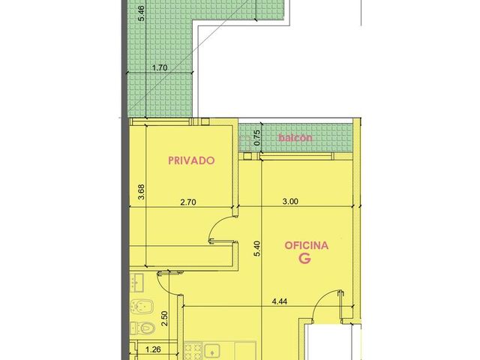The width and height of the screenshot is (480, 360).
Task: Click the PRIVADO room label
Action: (x=191, y=160)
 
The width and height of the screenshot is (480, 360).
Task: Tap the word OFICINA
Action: (x=307, y=245)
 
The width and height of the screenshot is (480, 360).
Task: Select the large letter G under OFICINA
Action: (x=305, y=259)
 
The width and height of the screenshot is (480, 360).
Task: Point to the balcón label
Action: (x=295, y=138)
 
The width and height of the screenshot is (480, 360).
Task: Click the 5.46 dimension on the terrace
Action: (x=142, y=13)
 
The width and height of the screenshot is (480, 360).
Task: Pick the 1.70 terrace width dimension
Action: (x=160, y=67)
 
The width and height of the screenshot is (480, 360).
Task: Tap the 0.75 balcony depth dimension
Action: (x=257, y=138)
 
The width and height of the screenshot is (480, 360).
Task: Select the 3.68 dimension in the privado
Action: (x=141, y=192)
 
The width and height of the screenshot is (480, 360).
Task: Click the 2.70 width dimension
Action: (x=188, y=202)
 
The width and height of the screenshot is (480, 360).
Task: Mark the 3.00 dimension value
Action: (x=290, y=202)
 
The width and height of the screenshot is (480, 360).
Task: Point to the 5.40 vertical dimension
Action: (x=257, y=248)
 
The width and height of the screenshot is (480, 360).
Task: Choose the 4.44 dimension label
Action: (x=280, y=301)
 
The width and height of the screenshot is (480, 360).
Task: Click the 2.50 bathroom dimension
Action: (x=164, y=319)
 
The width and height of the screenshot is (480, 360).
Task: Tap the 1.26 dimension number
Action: (x=153, y=349)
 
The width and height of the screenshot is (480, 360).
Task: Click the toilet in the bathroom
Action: (x=142, y=328)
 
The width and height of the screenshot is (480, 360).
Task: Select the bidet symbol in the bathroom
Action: (x=142, y=306)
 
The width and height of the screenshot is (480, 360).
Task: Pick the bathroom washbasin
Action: (x=136, y=283)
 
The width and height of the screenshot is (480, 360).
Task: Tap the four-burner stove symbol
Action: (x=193, y=351)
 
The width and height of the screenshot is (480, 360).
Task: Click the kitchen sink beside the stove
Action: (x=212, y=352)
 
